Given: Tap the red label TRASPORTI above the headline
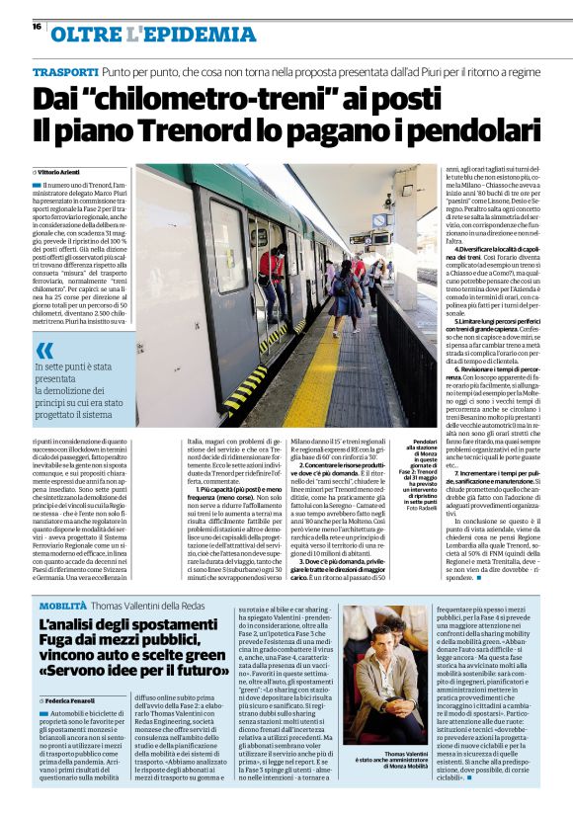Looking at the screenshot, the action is [x=64, y=74].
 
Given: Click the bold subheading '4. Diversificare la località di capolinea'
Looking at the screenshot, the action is [x=481, y=250].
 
